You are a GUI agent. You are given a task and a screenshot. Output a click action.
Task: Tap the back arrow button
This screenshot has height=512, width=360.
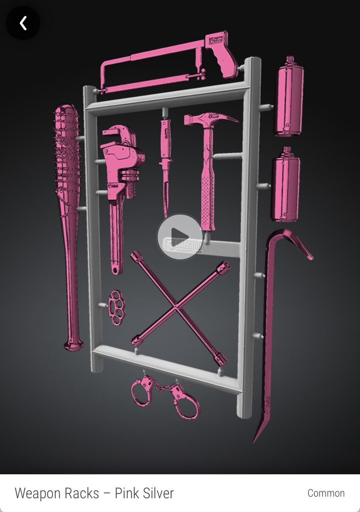tap(23, 23)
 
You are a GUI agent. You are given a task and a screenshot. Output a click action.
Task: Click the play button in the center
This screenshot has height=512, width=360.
tap(179, 235)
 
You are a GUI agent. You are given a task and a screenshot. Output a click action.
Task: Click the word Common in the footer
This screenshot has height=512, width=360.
tap(326, 493)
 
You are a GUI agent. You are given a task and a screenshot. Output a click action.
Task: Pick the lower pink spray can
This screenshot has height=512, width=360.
tap(286, 184)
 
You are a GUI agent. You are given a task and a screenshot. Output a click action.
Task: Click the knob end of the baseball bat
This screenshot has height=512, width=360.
tap(73, 343)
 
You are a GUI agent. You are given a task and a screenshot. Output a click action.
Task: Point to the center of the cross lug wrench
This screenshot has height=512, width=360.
tap(176, 307)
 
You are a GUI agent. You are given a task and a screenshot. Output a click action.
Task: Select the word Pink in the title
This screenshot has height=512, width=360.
tap(129, 493)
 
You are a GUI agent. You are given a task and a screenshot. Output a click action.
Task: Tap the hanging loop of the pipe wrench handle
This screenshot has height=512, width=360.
tap(115, 269)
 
